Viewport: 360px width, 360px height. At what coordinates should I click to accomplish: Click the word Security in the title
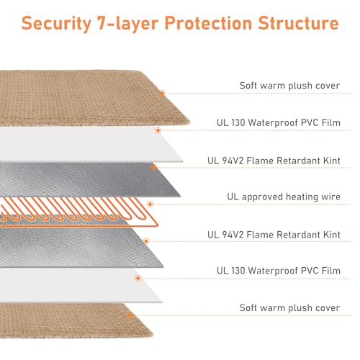56,24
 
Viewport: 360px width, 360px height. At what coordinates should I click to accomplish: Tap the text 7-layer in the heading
128,24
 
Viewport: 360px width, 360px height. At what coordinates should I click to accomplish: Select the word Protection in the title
208,23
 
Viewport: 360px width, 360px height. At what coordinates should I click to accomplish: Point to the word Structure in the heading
298,23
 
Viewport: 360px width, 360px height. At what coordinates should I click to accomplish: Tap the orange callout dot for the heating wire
150,204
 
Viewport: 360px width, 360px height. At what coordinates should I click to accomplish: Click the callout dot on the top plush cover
162,93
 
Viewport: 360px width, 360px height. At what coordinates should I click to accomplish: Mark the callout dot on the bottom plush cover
130,315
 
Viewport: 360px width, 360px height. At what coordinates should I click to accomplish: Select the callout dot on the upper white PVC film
158,130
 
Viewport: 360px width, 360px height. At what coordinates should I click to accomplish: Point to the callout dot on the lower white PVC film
138,278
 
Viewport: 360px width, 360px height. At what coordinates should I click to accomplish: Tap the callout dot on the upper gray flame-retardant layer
154,167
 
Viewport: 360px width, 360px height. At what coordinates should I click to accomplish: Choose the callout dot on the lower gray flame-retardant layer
146,241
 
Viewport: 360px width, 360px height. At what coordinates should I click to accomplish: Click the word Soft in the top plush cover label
248,86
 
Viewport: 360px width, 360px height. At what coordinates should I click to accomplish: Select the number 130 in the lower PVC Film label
238,271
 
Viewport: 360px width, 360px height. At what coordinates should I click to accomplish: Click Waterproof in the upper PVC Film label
273,123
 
